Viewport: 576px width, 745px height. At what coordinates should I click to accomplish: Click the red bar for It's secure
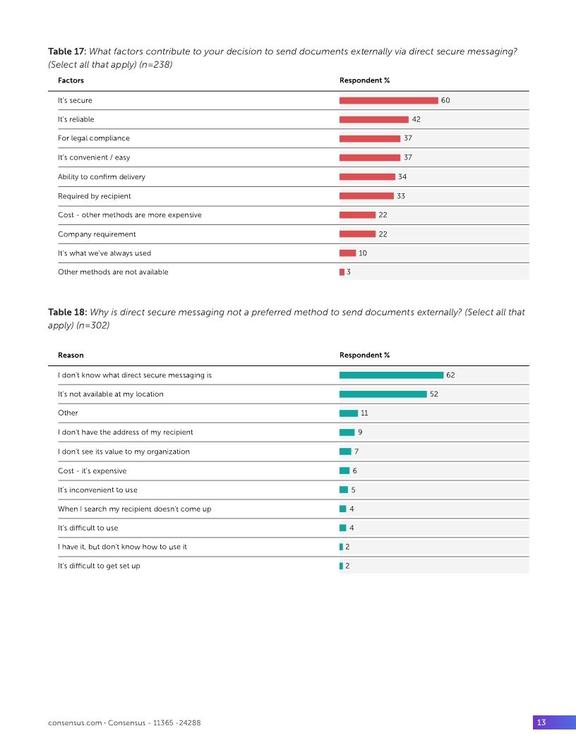(x=388, y=100)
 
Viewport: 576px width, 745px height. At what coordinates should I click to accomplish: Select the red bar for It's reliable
(x=373, y=119)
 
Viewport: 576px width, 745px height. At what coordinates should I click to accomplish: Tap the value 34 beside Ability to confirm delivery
(x=402, y=176)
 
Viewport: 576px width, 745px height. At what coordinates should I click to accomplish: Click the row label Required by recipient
(x=94, y=195)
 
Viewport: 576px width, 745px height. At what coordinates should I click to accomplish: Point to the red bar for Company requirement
(x=357, y=234)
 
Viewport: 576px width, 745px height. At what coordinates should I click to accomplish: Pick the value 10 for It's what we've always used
(x=363, y=253)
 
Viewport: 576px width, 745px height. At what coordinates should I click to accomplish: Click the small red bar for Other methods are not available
(x=342, y=272)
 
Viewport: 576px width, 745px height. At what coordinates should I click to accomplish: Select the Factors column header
(x=71, y=80)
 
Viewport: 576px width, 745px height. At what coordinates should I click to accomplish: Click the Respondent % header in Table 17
(x=364, y=80)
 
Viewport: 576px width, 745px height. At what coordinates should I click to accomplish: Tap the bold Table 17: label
(x=67, y=52)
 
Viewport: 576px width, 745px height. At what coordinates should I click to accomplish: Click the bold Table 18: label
(x=67, y=312)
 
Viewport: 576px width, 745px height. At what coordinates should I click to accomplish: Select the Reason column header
(x=71, y=355)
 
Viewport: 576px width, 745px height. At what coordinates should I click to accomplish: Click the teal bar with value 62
(x=391, y=375)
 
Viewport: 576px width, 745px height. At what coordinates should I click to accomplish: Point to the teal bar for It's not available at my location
(x=383, y=394)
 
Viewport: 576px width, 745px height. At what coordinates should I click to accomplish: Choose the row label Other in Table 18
(x=68, y=413)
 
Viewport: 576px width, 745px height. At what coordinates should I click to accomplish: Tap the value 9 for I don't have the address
(x=361, y=432)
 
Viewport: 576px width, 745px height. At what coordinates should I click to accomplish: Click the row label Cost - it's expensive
(x=92, y=471)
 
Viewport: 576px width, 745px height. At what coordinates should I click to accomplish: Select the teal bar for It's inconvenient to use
(x=344, y=490)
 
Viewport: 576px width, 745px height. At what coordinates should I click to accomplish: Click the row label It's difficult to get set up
(x=99, y=566)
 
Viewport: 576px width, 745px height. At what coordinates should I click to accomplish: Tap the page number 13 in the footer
(x=541, y=722)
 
